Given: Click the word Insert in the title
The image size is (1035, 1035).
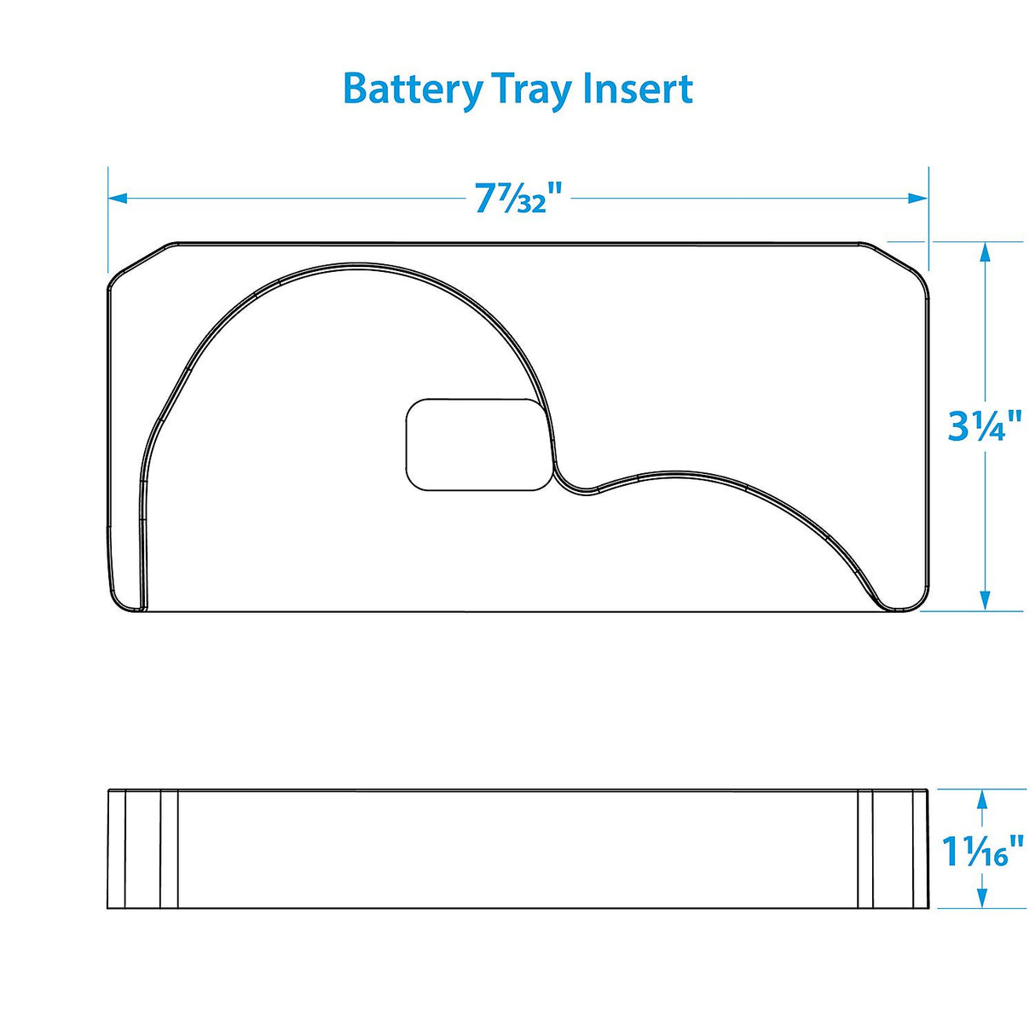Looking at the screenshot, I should click(x=638, y=89).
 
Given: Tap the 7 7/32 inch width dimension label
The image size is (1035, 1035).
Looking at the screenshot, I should click(x=517, y=199).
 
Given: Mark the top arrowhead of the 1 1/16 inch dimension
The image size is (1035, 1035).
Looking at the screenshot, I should click(x=982, y=799).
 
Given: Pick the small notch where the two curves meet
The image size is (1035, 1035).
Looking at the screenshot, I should click(x=576, y=489).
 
